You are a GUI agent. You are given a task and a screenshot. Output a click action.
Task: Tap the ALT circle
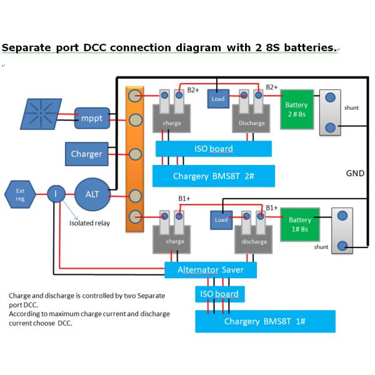92,194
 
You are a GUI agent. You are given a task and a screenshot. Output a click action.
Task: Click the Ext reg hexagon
19,194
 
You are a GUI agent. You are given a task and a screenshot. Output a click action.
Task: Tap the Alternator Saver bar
211,270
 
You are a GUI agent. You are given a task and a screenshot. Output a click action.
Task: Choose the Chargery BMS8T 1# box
265,322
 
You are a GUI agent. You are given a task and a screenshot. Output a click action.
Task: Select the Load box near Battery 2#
218,99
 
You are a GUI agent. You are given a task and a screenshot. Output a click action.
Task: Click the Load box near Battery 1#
221,220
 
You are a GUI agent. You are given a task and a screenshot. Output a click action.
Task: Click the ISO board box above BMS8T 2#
213,149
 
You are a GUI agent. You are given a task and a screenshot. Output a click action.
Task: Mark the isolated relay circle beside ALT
56,194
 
